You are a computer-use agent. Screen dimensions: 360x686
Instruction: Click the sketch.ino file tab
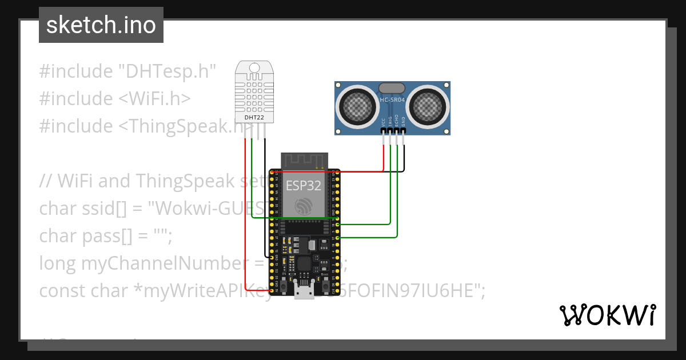101,25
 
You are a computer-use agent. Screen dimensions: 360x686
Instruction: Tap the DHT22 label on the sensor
254,118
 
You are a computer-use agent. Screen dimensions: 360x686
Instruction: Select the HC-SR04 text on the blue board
392,101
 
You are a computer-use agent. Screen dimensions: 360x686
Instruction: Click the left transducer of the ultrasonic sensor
358,105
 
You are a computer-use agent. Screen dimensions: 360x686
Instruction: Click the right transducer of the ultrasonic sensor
428,105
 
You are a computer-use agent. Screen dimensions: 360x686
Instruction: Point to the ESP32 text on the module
303,185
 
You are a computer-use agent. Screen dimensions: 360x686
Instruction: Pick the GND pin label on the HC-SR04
404,121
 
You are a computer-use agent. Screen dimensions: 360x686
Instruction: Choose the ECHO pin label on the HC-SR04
397,121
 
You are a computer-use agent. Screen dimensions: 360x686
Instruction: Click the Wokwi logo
607,315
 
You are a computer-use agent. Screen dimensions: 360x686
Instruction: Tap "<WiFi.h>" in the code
154,99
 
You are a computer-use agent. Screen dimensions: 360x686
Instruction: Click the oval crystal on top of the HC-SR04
392,88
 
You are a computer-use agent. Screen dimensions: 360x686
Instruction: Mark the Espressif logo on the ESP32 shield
303,206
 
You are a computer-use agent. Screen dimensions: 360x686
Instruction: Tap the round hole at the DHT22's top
254,67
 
